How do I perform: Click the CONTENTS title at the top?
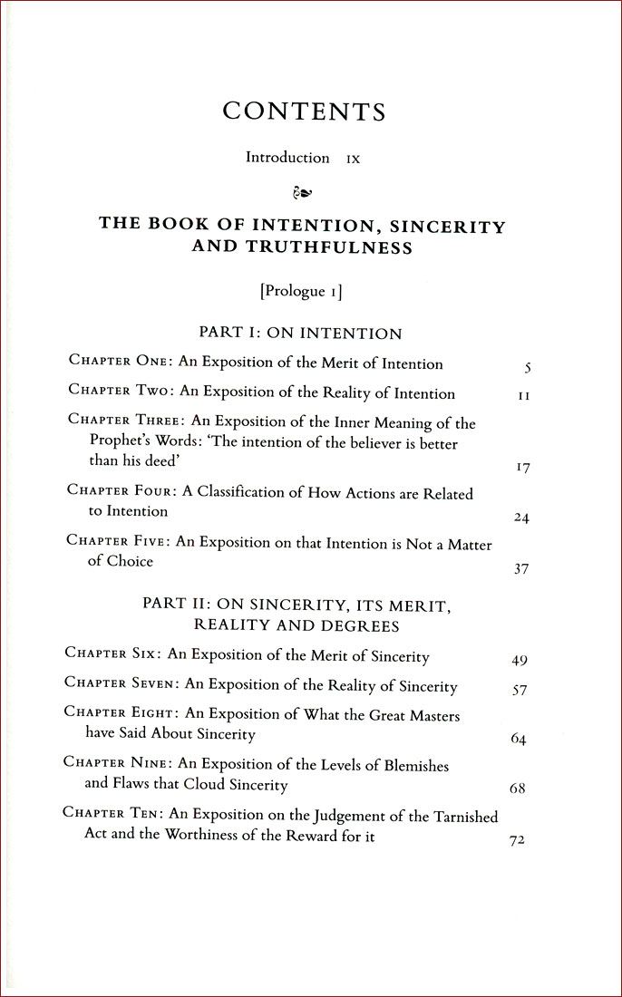tap(304, 111)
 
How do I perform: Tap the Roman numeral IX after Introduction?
tap(353, 159)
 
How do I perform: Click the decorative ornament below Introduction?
tap(304, 192)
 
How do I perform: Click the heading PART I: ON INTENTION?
tap(300, 333)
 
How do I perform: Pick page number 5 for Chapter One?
tap(527, 368)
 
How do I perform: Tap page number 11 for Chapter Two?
tap(523, 397)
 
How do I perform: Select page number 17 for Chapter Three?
tap(521, 469)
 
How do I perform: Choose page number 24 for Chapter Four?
tap(521, 518)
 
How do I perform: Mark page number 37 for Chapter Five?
tap(521, 570)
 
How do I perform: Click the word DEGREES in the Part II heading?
tap(364, 625)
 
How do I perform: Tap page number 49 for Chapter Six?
tap(520, 660)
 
